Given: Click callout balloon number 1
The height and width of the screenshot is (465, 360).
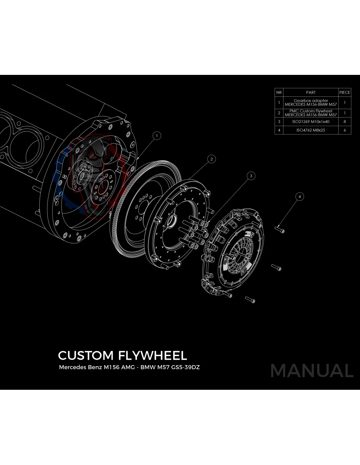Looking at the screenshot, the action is coord(157,136).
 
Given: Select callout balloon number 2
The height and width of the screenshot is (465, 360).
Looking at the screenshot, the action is coord(212,159).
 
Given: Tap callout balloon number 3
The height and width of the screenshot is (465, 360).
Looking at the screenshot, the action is coord(251,176).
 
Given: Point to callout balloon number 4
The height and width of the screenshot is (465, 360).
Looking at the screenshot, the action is coord(299,197).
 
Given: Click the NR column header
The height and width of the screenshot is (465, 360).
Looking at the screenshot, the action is coord(279,93).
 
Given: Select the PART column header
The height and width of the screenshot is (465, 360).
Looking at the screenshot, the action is coord(311,93).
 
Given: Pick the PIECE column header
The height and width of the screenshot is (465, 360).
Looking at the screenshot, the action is coord(345,93).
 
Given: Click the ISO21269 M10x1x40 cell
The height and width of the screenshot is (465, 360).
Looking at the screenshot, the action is coord(311,122).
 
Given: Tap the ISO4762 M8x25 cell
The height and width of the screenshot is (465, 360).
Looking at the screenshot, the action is coord(311,130).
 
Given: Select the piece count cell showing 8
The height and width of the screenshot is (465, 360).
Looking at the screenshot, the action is coord(345,122).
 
